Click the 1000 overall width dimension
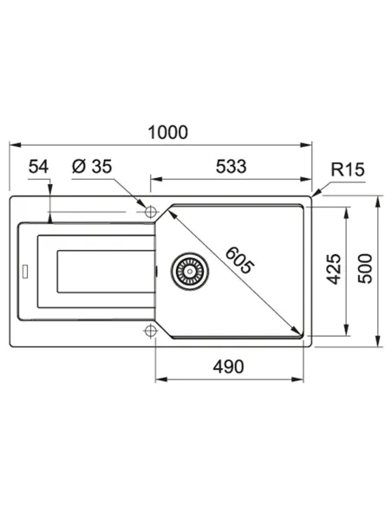pyautogui.click(x=167, y=131)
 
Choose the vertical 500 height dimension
pyautogui.click(x=365, y=271)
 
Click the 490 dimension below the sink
pyautogui.click(x=228, y=365)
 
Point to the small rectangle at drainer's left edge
pyautogui.click(x=25, y=271)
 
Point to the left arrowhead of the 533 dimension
pyautogui.click(x=155, y=180)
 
